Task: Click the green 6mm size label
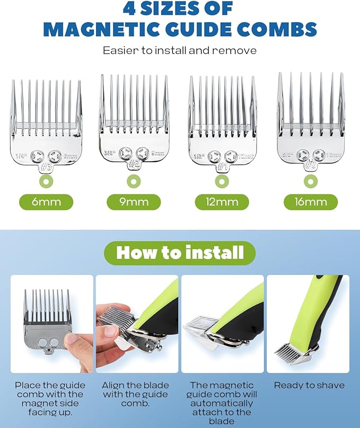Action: point(46,202)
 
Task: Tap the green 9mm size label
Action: point(134,202)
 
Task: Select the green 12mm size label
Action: point(222,202)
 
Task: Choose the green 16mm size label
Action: point(310,202)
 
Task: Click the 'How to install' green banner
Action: point(180,253)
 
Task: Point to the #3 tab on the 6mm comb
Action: point(46,167)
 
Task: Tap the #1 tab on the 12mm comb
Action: point(222,167)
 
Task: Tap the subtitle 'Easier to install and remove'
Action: point(180,51)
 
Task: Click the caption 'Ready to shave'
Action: point(309,386)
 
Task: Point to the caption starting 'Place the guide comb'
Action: point(49,399)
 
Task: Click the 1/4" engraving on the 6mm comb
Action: point(22,156)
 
